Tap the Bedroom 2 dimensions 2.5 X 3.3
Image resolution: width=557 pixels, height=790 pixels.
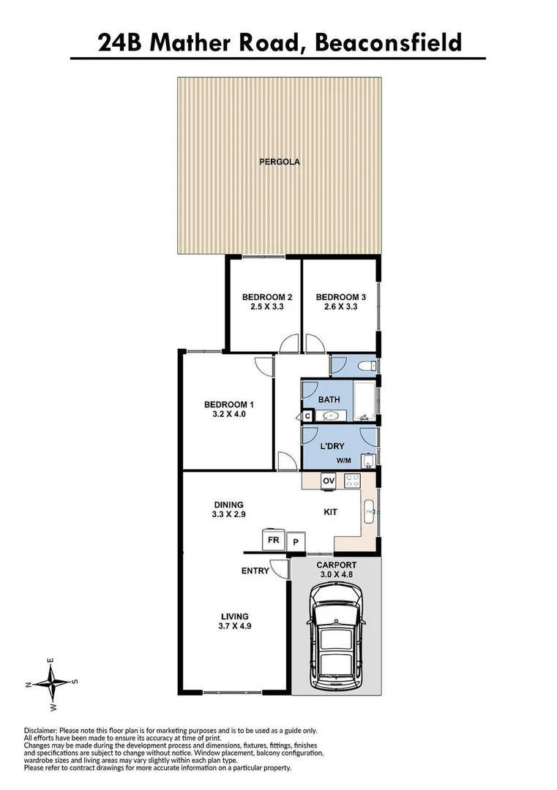coord(267,308)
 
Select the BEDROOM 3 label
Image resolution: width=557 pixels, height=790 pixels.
coord(340,297)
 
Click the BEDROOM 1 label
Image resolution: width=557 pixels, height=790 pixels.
coord(228,405)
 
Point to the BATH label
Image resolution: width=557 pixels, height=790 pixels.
coord(328,399)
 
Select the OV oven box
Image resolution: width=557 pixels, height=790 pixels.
coord(329,481)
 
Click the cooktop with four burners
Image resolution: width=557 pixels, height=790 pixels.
coord(351,481)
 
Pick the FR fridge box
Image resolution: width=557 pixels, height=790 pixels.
coord(273,540)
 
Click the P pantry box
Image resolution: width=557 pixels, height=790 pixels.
coord(296,542)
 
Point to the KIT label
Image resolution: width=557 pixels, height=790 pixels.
coord(330,512)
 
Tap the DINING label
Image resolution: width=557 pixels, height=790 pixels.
coord(228,505)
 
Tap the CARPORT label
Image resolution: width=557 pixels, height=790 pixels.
coord(336,565)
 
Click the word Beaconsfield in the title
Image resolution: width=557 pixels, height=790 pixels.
coord(388,42)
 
